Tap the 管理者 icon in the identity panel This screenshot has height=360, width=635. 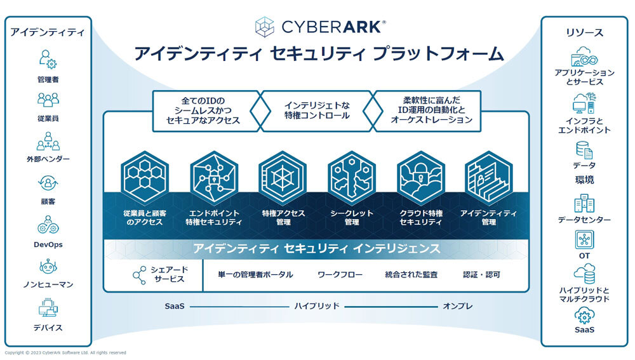[48, 59]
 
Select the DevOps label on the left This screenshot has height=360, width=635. [48, 244]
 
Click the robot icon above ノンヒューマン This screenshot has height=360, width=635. [48, 267]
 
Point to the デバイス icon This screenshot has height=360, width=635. [48, 309]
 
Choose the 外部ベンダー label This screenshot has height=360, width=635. [48, 159]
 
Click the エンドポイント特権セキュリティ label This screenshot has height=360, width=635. [214, 218]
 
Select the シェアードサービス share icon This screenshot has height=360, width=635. [139, 275]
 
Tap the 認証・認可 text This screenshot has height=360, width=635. [482, 275]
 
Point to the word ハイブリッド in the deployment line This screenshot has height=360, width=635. [317, 306]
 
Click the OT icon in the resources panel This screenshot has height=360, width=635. [584, 239]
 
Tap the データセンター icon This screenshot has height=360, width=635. [584, 203]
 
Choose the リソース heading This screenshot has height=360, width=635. [584, 32]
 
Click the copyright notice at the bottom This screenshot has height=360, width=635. [65, 352]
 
